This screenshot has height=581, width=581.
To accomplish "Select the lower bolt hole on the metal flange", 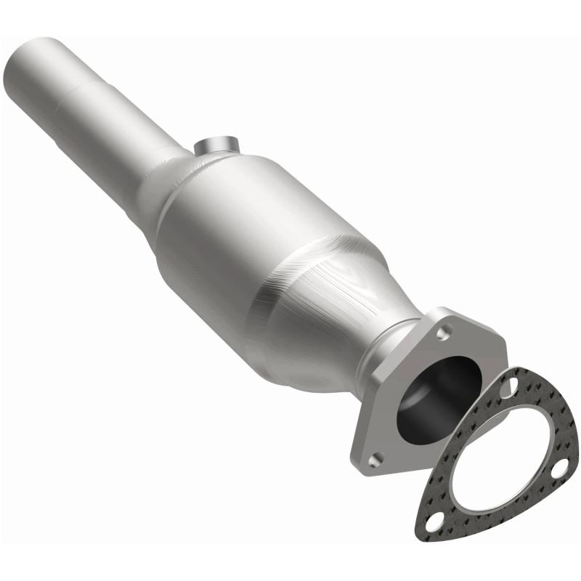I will [374, 459].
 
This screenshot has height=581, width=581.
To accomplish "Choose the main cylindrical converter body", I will [240, 232].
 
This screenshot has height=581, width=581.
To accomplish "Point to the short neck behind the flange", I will [385, 349].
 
